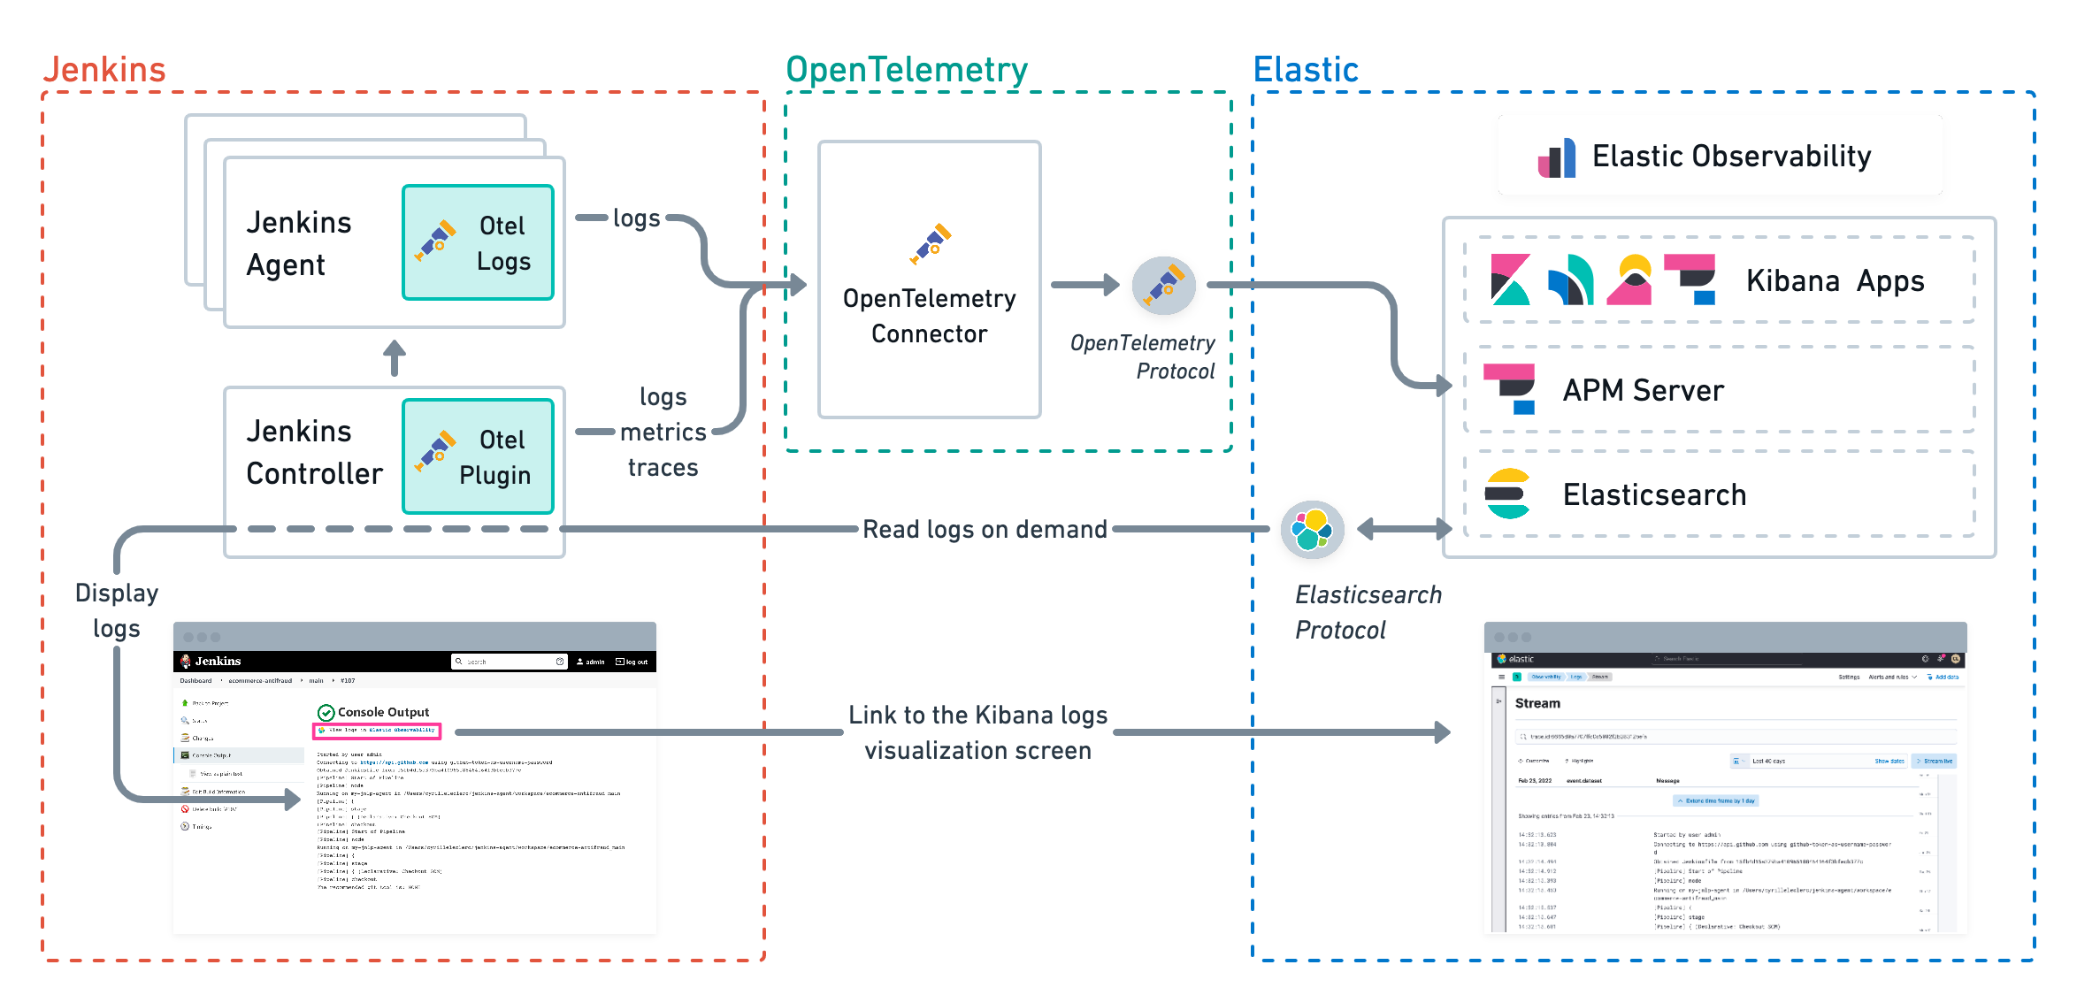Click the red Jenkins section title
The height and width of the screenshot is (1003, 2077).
coord(104,70)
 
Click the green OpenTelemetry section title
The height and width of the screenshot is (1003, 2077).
coord(907,70)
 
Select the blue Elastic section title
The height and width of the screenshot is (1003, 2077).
coord(1306,70)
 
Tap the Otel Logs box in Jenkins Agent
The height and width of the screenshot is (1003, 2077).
coord(478,242)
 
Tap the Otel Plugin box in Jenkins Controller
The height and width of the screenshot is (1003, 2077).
coord(478,456)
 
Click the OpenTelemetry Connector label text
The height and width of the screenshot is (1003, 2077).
coord(929,316)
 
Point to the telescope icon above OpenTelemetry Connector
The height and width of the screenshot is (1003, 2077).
coord(930,243)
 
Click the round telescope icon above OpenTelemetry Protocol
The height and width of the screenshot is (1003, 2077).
coord(1163,285)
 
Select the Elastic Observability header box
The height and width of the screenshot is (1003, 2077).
coord(1720,156)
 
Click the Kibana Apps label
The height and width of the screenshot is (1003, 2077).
coord(1835,281)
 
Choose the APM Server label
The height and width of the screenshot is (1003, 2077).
coord(1643,390)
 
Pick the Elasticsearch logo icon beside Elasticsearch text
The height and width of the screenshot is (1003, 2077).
coord(1507,494)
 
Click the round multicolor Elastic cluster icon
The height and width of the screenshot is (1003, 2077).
coord(1312,529)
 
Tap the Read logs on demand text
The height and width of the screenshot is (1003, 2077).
coord(985,529)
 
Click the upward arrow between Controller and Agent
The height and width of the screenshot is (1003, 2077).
coord(395,357)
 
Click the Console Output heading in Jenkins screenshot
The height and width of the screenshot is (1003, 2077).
coord(383,712)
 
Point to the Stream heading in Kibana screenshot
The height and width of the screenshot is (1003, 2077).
coord(1537,703)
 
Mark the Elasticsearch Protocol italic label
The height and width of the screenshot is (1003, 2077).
coord(1368,612)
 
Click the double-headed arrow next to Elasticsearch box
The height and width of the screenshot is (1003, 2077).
coord(1404,529)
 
